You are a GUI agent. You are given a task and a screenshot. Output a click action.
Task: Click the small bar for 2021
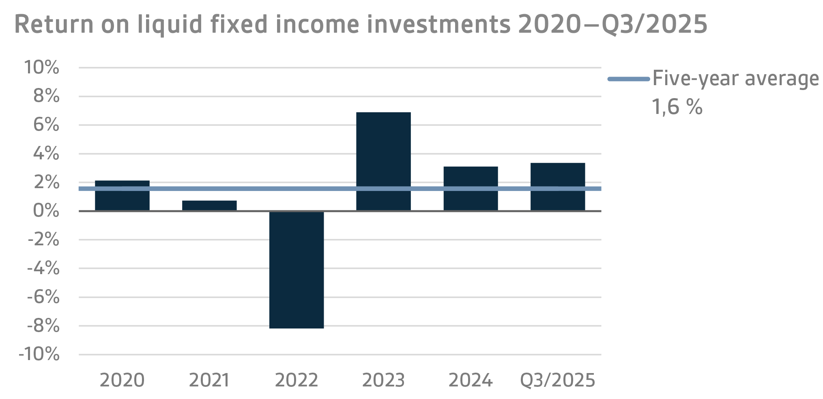209,206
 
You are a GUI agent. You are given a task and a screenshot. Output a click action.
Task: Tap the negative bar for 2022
297,269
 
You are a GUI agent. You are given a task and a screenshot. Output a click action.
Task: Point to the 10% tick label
42,68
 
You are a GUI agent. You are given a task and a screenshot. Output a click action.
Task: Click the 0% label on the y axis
46,211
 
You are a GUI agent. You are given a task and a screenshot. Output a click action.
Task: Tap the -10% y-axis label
39,355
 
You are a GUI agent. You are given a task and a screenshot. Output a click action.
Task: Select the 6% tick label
46,125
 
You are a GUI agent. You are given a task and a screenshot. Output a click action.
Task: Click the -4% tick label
43,268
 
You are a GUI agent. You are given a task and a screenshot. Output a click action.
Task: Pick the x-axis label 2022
297,380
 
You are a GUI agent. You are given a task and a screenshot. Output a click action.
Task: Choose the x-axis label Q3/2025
558,380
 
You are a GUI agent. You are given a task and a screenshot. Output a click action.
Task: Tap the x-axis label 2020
122,380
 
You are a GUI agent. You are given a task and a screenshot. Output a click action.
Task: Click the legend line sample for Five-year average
628,79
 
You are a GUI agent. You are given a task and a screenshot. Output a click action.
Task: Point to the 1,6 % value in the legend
677,107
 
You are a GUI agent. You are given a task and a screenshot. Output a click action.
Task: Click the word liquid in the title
170,24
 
